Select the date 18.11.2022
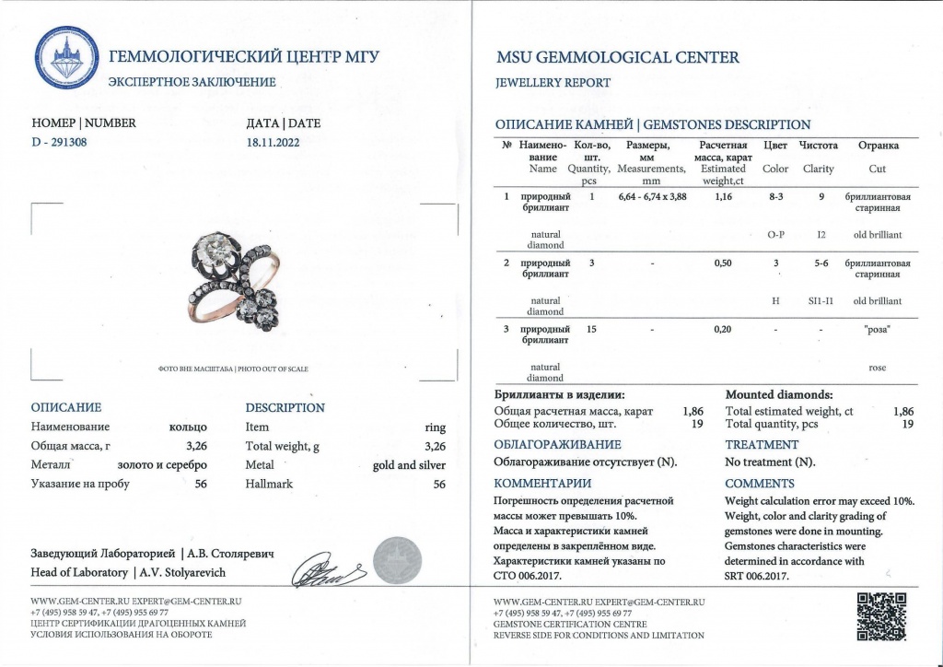(x=274, y=143)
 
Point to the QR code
(x=880, y=616)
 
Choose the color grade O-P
(x=775, y=235)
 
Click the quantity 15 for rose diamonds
(x=592, y=329)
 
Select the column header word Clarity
(x=818, y=169)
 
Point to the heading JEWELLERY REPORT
(x=553, y=83)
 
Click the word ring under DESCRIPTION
(x=436, y=427)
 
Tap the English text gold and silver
(x=409, y=465)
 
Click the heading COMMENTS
(x=760, y=483)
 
